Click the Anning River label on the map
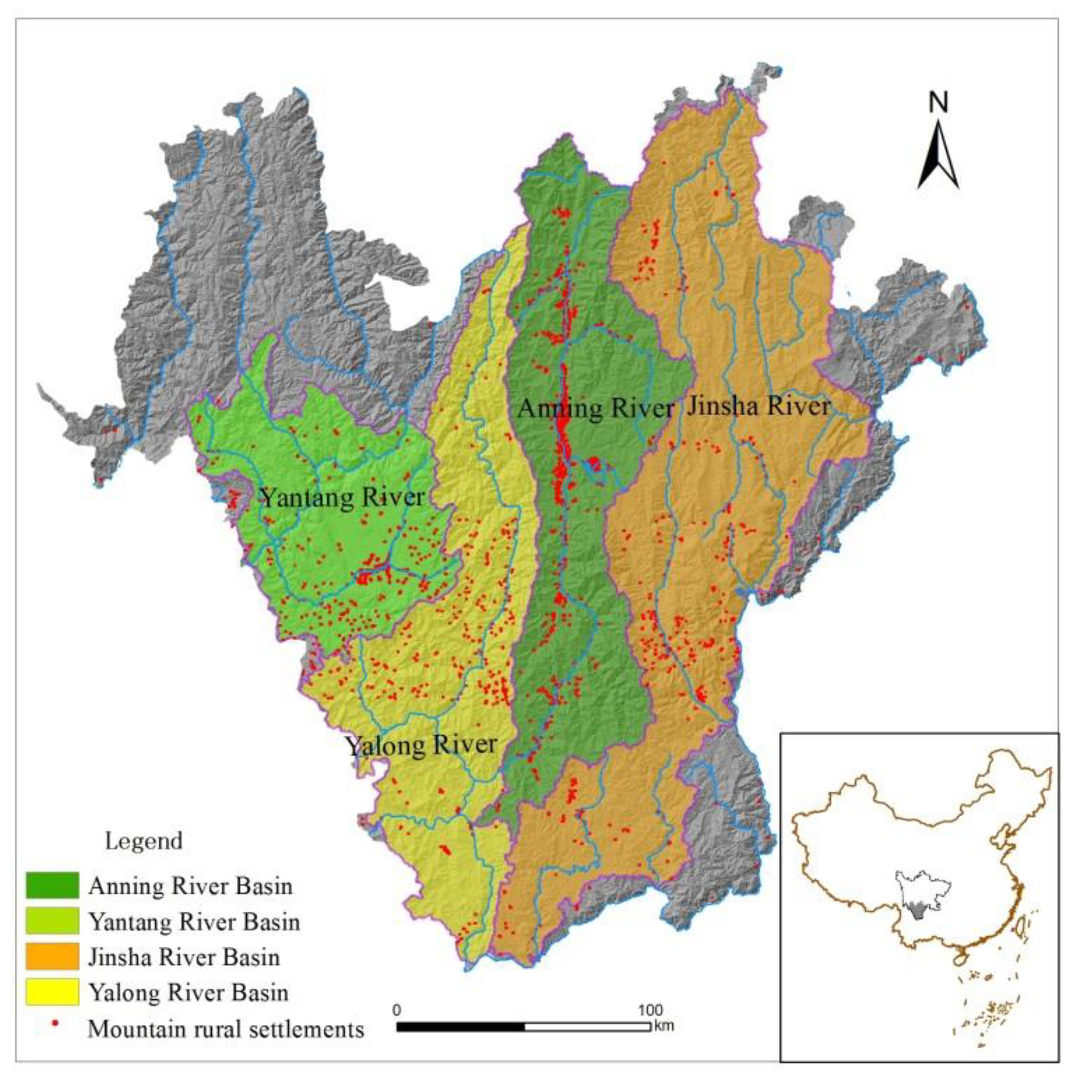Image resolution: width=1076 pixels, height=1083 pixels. pos(595,409)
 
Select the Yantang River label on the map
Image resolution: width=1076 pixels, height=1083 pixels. pos(342,498)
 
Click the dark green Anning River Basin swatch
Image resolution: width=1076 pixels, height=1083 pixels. pos(52,885)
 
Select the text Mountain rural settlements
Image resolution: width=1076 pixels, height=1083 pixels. pos(226,1029)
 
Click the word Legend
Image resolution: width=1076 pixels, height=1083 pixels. pos(144,841)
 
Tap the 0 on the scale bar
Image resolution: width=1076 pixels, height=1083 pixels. pos(397,1010)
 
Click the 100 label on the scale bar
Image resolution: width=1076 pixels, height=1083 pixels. pos(650,1010)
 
